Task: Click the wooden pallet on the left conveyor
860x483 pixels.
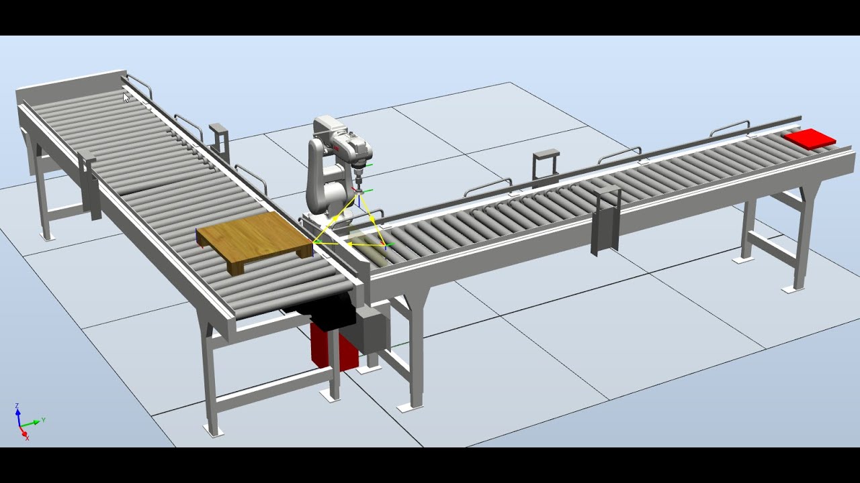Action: (x=254, y=239)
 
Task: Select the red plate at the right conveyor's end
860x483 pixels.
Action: (x=810, y=139)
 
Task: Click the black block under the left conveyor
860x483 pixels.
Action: (x=322, y=313)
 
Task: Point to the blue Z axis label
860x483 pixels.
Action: (x=17, y=406)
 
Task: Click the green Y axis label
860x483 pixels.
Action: (x=43, y=420)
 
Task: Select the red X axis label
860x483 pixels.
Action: (x=27, y=437)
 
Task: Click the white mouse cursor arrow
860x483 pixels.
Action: (x=126, y=97)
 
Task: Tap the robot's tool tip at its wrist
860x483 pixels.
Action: (x=360, y=177)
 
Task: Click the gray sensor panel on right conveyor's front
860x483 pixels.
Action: (x=605, y=221)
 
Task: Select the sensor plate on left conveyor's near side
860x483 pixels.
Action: (x=89, y=184)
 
